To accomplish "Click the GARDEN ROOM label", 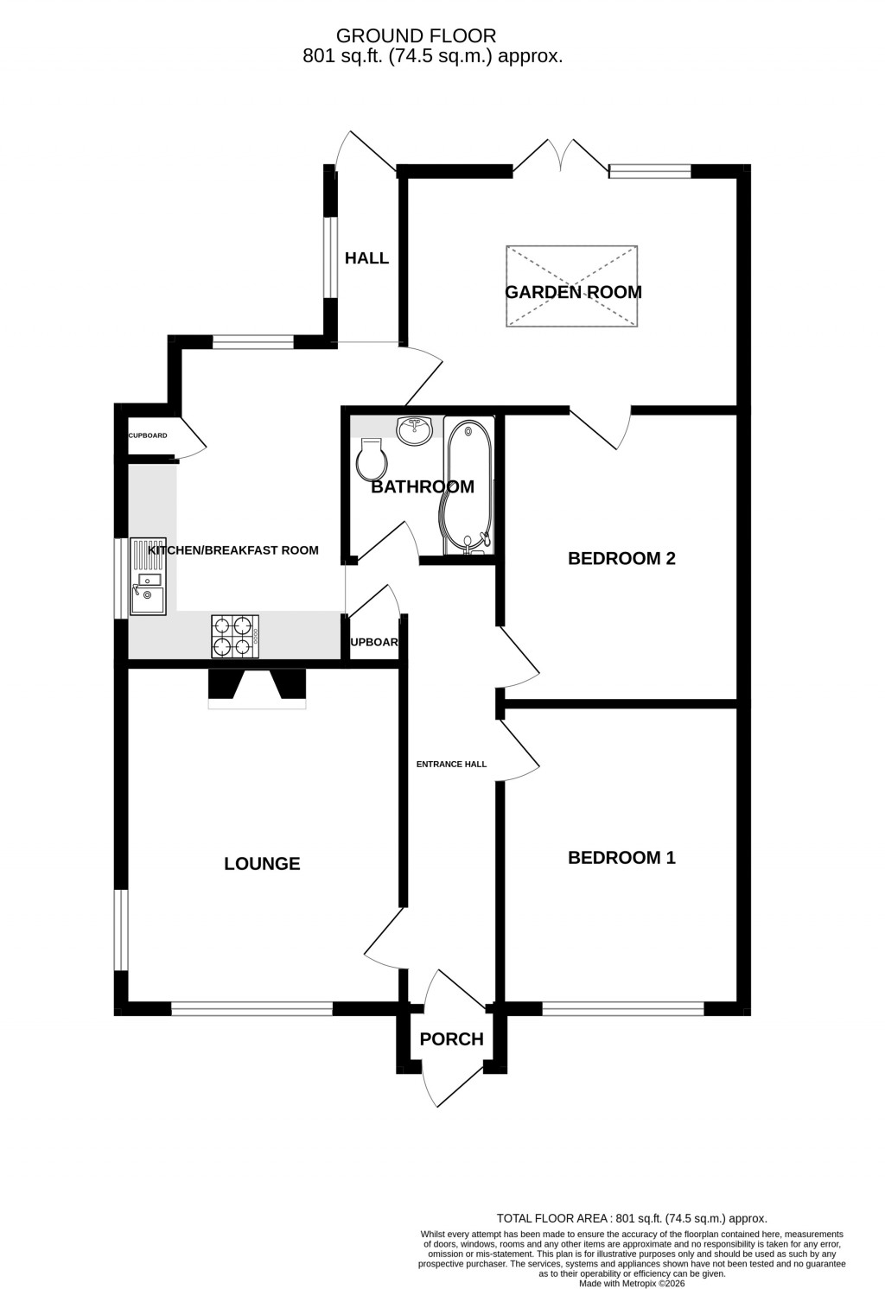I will click(573, 292).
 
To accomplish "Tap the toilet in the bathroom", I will click(371, 460).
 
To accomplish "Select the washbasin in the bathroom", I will click(415, 429).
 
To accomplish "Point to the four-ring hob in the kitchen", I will click(236, 636).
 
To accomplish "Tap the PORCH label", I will click(451, 1039).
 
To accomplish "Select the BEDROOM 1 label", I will click(621, 858).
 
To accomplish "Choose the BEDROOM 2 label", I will click(621, 558).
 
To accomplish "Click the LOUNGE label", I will click(262, 864).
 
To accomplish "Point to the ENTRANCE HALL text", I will click(451, 765).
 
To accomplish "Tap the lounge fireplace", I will click(257, 688).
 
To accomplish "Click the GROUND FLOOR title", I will click(416, 35).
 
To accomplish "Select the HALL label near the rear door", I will click(366, 258).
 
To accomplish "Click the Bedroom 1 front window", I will click(623, 1007).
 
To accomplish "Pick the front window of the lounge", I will click(251, 1007).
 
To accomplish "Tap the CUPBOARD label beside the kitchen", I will click(148, 435).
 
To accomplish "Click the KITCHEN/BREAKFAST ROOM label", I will click(233, 550).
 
